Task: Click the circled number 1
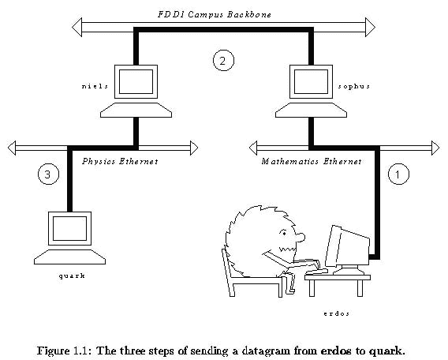pos(398,174)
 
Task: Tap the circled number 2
pos(223,60)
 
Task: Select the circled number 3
pos(49,174)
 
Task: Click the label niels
pos(95,86)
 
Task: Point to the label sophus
pos(354,86)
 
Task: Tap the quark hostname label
pos(72,276)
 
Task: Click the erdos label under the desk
pos(337,313)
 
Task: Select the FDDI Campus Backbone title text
pos(215,14)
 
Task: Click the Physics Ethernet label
pos(120,161)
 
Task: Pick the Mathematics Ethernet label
pos(312,162)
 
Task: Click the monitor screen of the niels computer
pos(136,81)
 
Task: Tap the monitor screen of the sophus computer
pos(311,81)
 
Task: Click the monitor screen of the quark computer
pos(69,228)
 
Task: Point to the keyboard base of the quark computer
pos(69,257)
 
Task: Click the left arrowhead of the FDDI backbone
pos(77,27)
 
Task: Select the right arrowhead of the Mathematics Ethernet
pos(435,148)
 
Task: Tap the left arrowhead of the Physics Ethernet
pos(12,148)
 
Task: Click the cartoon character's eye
pos(284,234)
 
